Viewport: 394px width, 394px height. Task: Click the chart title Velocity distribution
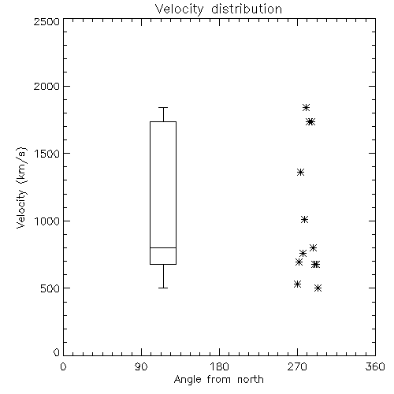pos(218,9)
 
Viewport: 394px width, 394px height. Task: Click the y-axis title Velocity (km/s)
pos(21,188)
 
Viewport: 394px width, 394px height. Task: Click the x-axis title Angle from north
pos(218,379)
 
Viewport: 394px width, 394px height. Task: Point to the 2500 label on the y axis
pos(46,21)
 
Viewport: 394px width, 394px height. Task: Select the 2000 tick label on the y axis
pos(46,86)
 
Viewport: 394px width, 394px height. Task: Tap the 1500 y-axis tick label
pos(47,154)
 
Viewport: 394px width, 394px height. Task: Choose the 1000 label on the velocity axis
pos(47,221)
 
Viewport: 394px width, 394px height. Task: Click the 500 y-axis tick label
pos(50,288)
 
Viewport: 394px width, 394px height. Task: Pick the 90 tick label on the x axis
pos(141,366)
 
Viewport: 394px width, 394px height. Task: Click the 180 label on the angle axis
pos(219,366)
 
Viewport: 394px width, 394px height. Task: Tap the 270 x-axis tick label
pos(297,366)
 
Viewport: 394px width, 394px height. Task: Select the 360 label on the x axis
pos(375,366)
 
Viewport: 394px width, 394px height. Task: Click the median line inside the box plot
pos(163,247)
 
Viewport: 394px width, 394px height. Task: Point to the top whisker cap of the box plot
pos(163,107)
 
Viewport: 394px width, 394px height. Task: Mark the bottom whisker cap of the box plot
pos(163,288)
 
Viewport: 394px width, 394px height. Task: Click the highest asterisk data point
pos(306,107)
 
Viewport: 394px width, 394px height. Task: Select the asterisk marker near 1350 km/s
pos(300,173)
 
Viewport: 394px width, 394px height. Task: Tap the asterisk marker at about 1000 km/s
pos(304,220)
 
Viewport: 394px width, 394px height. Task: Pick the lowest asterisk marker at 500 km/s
pos(318,288)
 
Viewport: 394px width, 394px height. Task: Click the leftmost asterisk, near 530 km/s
pos(297,284)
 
